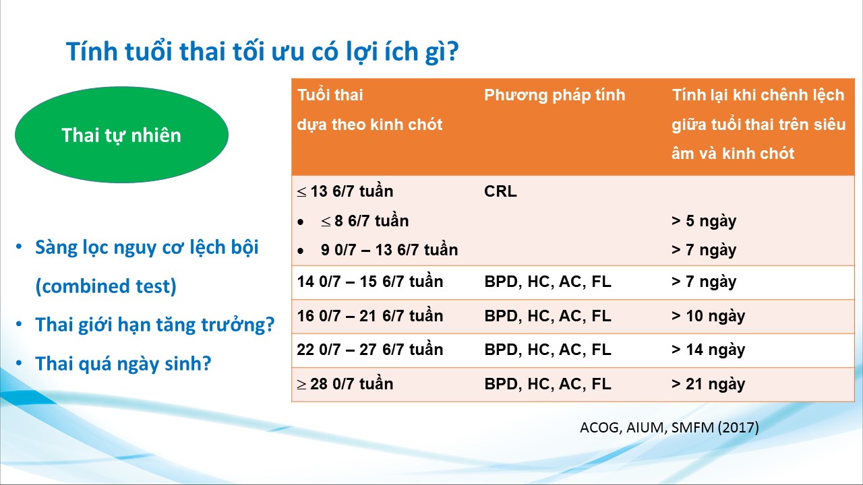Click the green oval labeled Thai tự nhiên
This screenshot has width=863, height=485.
[122, 135]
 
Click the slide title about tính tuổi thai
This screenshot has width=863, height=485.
[262, 52]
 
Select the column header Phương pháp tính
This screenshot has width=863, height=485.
[554, 96]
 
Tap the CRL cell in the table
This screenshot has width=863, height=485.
[500, 191]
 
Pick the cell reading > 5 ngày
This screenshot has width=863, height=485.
[703, 222]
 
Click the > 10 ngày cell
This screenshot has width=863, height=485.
[708, 316]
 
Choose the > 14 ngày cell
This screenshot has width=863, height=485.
[708, 350]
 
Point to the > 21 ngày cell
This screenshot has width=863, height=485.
[708, 384]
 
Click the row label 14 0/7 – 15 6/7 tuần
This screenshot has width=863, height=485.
[370, 282]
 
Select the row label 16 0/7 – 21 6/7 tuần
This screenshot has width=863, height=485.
[370, 316]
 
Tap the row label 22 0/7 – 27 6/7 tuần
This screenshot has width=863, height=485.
[370, 350]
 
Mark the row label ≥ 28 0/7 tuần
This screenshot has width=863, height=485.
[345, 384]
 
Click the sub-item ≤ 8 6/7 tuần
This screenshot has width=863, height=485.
[365, 221]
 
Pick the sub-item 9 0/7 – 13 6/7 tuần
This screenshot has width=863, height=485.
[389, 250]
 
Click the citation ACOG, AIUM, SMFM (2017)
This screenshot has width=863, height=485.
[669, 427]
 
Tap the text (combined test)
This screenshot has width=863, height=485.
[106, 286]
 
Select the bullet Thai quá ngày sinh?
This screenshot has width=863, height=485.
[123, 364]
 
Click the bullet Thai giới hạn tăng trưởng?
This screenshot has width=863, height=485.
[154, 325]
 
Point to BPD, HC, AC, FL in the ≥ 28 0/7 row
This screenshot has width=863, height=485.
[547, 384]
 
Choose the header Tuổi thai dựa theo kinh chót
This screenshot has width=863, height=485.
[369, 110]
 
